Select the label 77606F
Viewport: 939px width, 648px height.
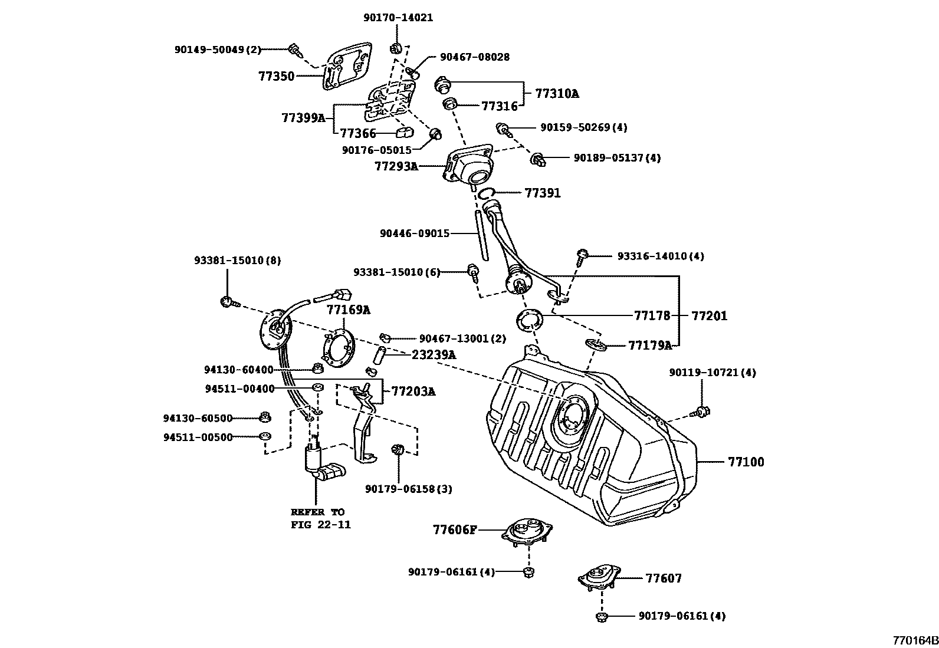click(x=454, y=530)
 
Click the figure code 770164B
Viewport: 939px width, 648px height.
click(x=914, y=640)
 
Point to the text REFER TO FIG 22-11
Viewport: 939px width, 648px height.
click(x=320, y=518)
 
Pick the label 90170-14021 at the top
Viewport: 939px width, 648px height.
click(x=398, y=18)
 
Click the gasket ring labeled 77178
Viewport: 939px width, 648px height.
click(x=529, y=321)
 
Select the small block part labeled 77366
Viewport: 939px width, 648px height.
click(x=405, y=132)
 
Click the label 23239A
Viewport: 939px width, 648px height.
click(x=434, y=355)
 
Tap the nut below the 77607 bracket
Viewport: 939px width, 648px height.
click(x=600, y=617)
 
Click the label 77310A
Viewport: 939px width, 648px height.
click(x=557, y=93)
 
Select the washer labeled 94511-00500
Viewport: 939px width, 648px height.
click(x=265, y=437)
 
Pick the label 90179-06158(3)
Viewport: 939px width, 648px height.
click(x=408, y=489)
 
